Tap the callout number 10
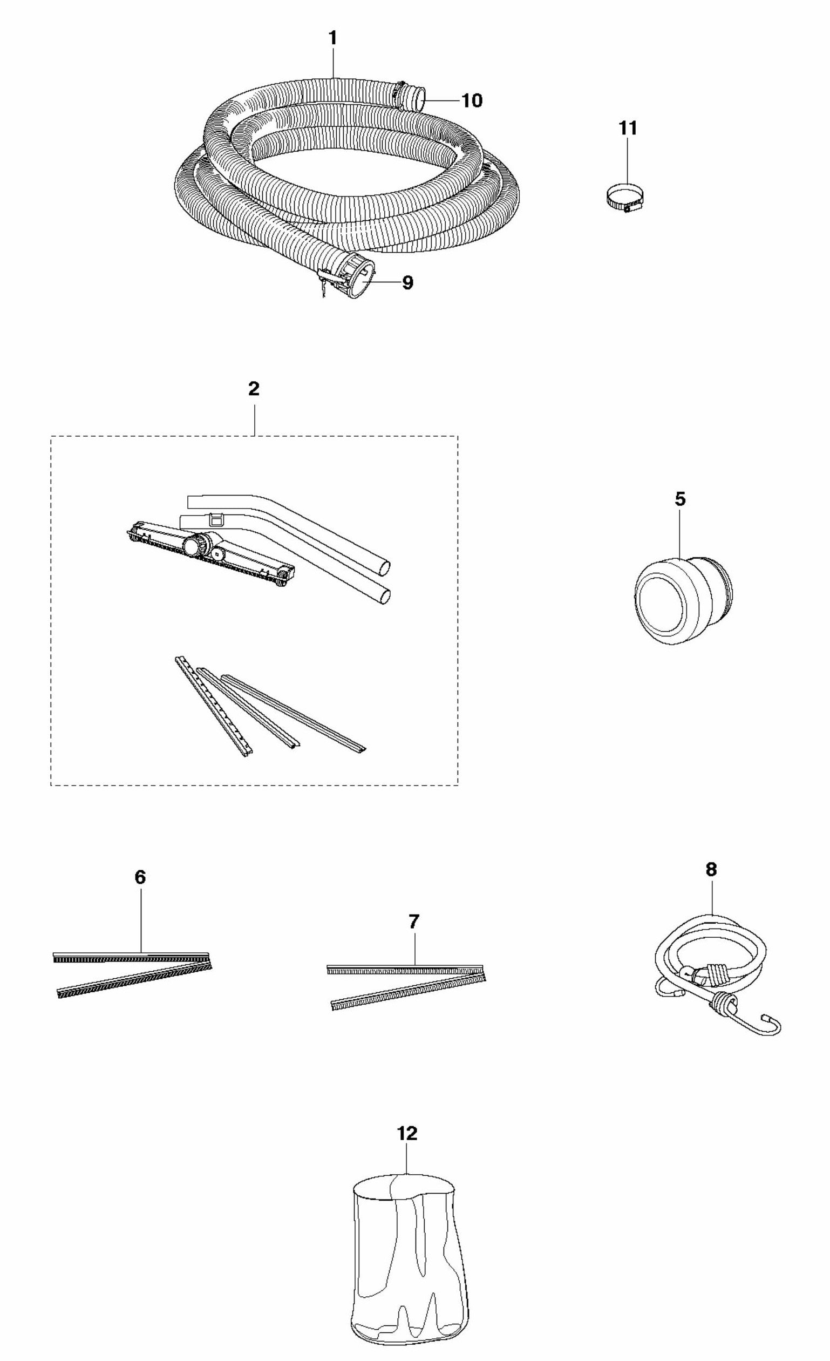(x=472, y=100)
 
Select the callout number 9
(x=407, y=283)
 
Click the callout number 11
(x=628, y=128)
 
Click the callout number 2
(x=254, y=389)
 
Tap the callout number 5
(x=681, y=499)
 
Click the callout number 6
(x=140, y=877)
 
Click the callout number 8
(x=711, y=869)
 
